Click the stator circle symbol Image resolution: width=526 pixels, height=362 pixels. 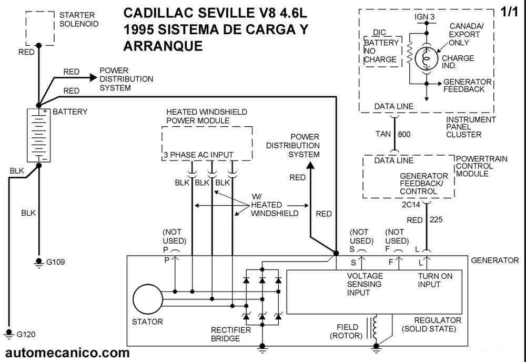click(148, 300)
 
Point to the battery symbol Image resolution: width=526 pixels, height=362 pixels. click(38, 135)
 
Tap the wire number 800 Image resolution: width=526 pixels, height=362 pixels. click(404, 135)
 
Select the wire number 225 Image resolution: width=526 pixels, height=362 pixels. click(437, 220)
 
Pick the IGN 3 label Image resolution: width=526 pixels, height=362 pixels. click(425, 17)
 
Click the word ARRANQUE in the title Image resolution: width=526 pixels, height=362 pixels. click(163, 46)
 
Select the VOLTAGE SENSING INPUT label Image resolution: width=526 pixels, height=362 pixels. click(365, 284)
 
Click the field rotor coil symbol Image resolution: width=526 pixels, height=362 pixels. click(376, 327)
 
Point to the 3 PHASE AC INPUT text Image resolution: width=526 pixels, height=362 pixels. click(198, 155)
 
